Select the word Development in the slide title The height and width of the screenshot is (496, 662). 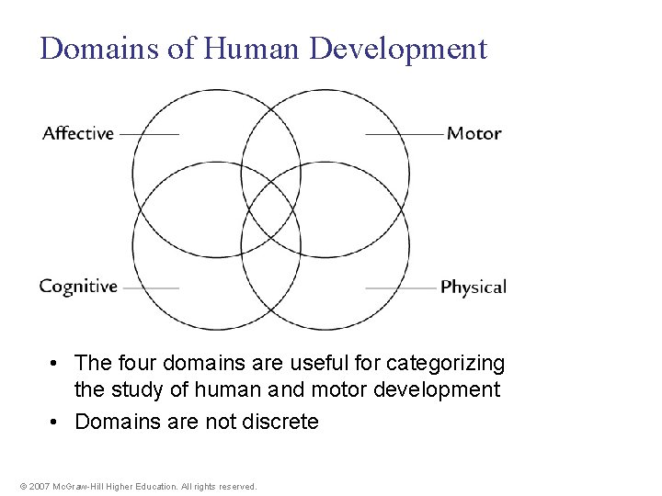[398, 48]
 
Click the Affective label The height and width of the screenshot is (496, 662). [78, 133]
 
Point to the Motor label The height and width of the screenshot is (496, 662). [474, 133]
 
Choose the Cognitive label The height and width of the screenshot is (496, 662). [78, 287]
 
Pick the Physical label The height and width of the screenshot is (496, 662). [474, 287]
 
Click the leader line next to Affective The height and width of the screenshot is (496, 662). [149, 134]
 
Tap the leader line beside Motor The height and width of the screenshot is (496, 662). [405, 134]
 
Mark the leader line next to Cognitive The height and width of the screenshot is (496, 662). [151, 287]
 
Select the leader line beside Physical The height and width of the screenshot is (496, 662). [401, 287]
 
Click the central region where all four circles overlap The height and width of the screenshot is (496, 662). [271, 210]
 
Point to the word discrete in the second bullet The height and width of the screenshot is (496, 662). [279, 423]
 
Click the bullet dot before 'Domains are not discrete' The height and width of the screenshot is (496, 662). [56, 423]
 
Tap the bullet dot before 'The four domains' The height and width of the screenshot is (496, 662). [56, 364]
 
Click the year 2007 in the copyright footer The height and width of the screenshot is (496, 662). [38, 486]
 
